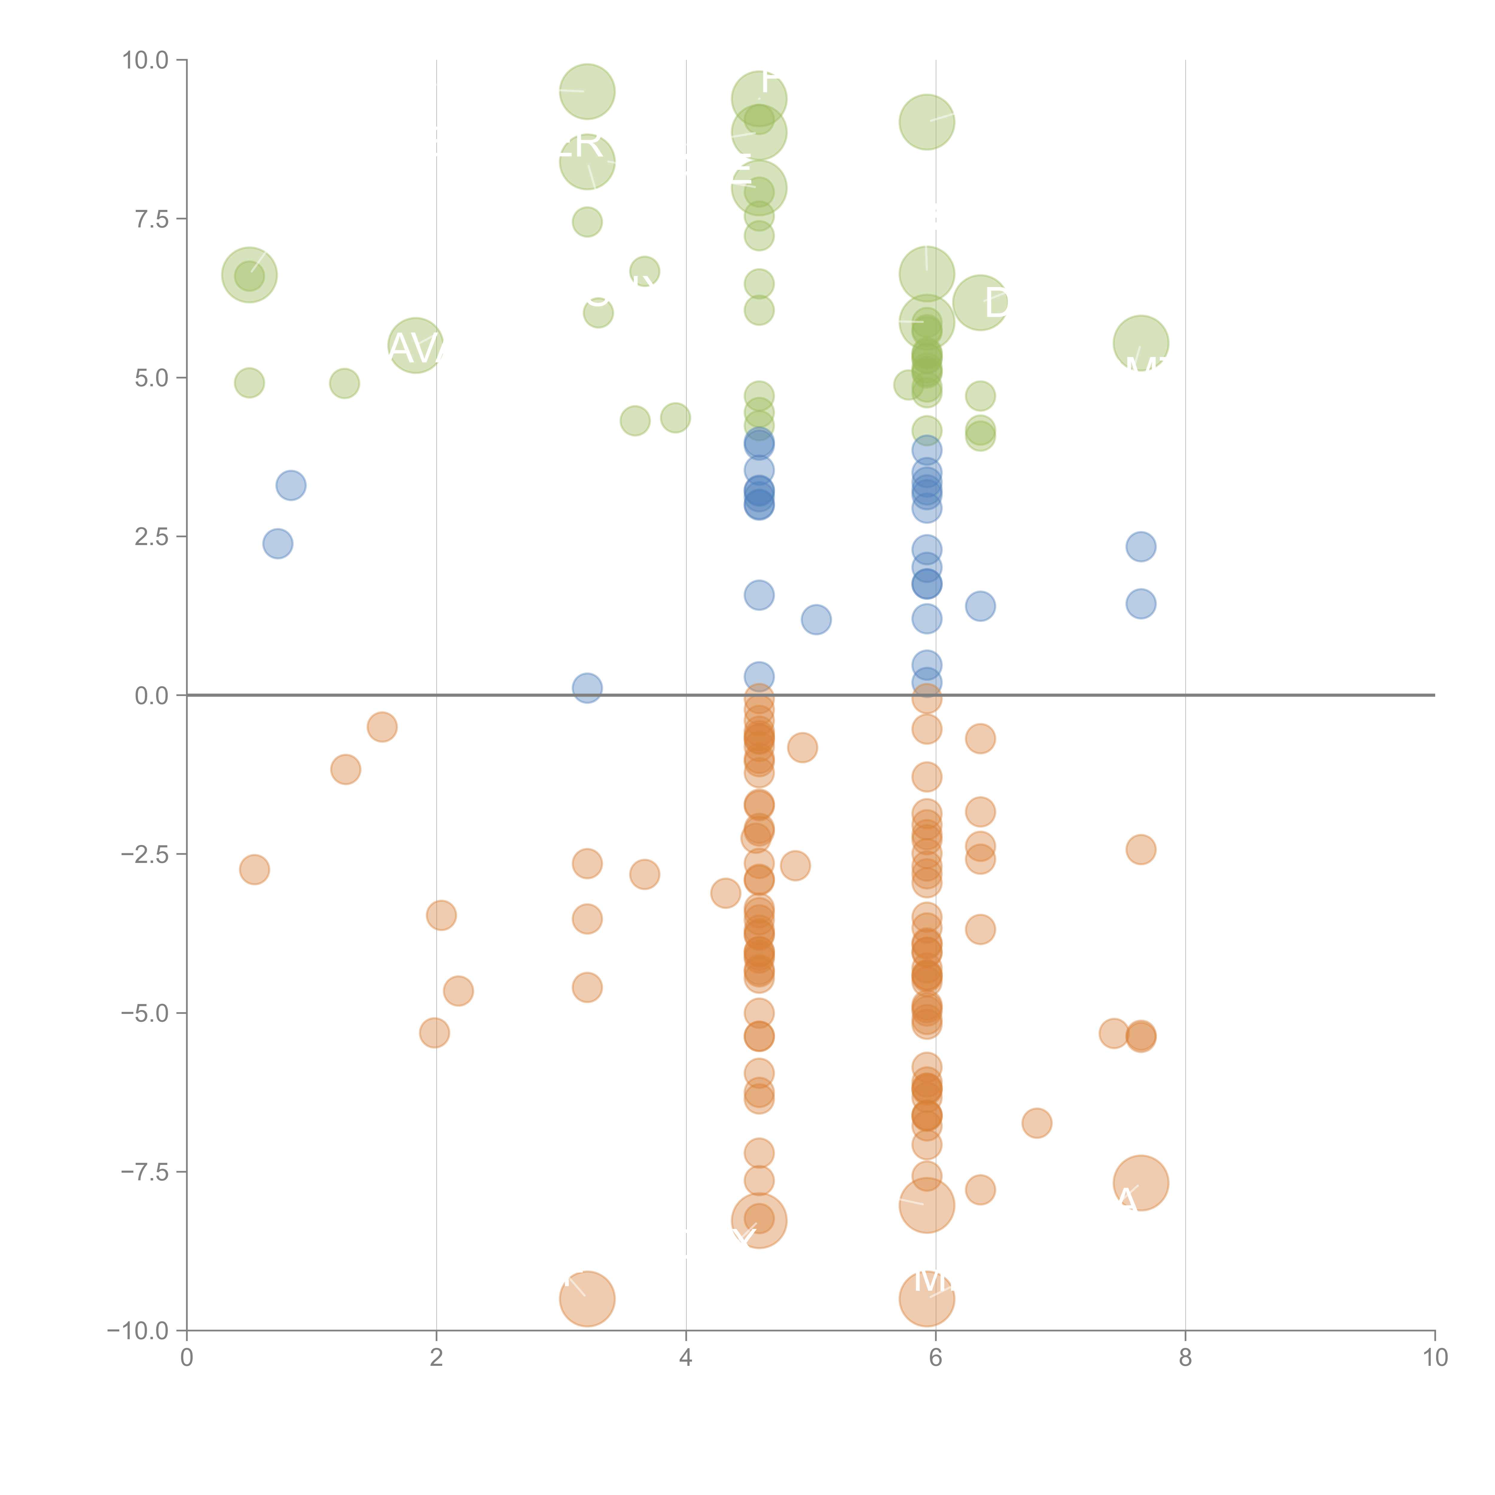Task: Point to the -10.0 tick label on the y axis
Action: pyautogui.click(x=138, y=1331)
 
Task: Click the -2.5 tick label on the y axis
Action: pyautogui.click(x=144, y=854)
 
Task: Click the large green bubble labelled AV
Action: pyautogui.click(x=416, y=345)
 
